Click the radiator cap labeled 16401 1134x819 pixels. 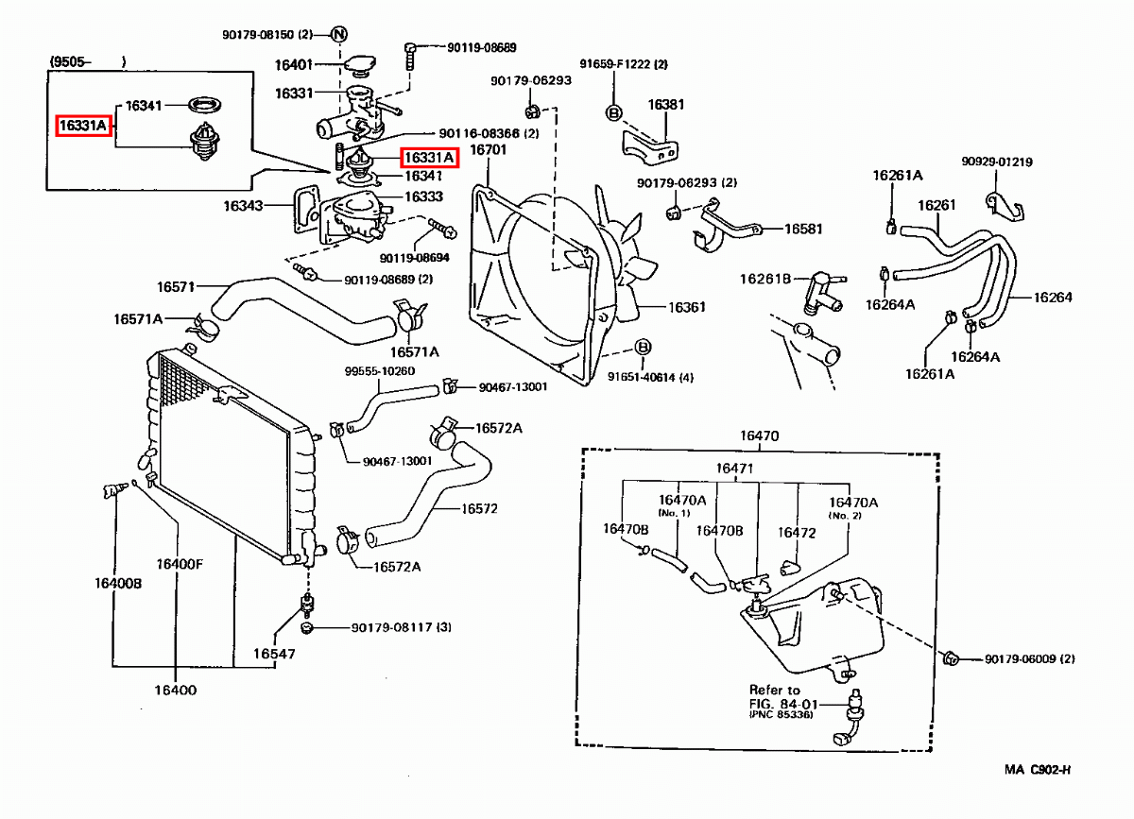(x=360, y=66)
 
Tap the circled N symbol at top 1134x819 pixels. (x=338, y=34)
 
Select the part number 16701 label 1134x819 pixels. (x=488, y=150)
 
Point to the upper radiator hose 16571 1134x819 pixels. (x=302, y=310)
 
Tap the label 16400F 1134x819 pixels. (x=180, y=564)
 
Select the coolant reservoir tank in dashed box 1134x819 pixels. (x=815, y=627)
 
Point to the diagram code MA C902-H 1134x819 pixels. (x=1038, y=770)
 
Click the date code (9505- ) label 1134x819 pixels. (x=88, y=61)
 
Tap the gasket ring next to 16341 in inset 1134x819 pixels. (x=204, y=105)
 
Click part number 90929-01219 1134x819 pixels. (x=997, y=162)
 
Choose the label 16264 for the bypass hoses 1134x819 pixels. (x=1053, y=298)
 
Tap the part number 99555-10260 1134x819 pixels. (x=380, y=371)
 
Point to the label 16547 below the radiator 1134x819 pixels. (x=274, y=654)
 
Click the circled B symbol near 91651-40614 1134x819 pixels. (x=643, y=348)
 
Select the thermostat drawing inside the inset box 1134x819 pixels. (x=204, y=142)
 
